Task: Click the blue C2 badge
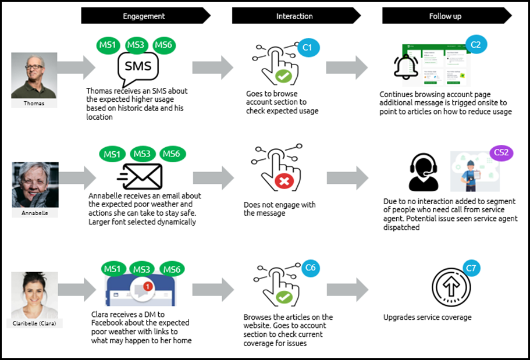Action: [475, 44]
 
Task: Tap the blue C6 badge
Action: [310, 268]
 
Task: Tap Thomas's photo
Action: [34, 76]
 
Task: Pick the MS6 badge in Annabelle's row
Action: [171, 154]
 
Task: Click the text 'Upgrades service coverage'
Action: [428, 318]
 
